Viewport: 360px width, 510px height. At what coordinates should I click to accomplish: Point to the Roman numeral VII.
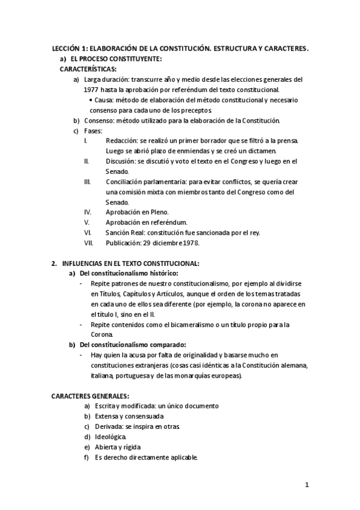[88, 243]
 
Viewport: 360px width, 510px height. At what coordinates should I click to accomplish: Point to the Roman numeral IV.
[88, 212]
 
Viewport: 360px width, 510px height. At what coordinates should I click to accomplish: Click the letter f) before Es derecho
[87, 457]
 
